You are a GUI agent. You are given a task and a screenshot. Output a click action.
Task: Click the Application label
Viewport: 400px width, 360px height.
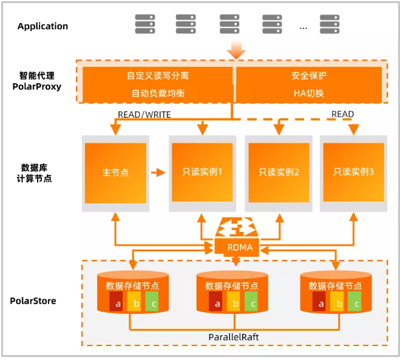(42, 26)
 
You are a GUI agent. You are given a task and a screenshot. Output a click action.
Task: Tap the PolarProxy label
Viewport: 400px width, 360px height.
(37, 86)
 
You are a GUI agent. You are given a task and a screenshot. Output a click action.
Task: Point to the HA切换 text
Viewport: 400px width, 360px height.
(309, 93)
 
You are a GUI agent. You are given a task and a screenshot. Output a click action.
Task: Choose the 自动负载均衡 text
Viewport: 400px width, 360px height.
(158, 93)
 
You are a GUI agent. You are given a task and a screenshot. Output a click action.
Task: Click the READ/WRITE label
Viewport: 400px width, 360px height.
(144, 114)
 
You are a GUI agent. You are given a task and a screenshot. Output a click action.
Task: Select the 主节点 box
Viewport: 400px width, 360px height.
(115, 172)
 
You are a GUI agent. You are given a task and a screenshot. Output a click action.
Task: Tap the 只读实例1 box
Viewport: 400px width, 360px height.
(202, 172)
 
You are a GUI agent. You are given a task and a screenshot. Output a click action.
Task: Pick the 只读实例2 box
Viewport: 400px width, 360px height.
(279, 172)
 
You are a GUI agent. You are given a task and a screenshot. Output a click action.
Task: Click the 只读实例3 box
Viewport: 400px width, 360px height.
(353, 172)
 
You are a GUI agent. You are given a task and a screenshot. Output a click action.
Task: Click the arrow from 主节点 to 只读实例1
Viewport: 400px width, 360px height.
(158, 172)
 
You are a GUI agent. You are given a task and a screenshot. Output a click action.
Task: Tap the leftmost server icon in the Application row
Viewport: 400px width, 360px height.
(144, 24)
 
